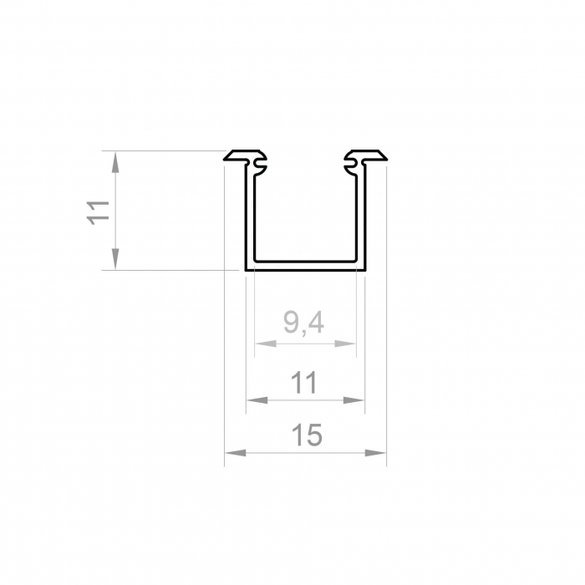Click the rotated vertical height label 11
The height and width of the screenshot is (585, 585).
click(x=99, y=211)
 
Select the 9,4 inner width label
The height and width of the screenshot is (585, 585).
click(x=304, y=322)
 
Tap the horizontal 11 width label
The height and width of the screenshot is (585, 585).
click(x=305, y=383)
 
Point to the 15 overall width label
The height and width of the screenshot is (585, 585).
click(x=306, y=435)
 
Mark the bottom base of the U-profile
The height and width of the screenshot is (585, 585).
click(x=306, y=267)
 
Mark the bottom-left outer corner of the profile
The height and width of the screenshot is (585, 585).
click(x=247, y=270)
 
